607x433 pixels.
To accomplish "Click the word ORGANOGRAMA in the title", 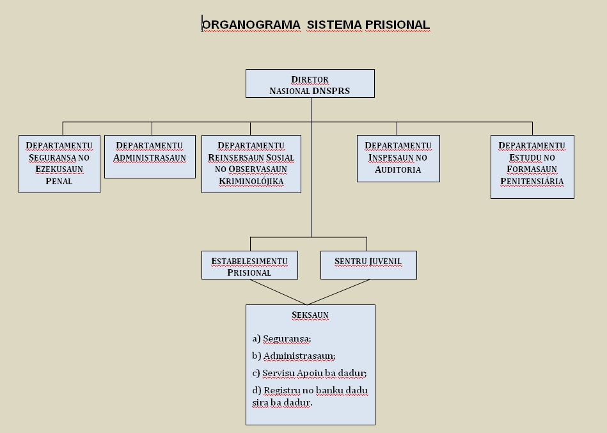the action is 251,25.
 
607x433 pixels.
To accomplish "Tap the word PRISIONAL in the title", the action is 397,25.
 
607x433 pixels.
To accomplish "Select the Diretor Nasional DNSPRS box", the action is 310,84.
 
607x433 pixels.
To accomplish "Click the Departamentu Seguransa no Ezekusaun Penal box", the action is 59,164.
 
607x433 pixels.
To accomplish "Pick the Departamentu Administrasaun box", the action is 150,157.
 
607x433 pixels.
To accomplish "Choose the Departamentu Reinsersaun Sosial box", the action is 251,164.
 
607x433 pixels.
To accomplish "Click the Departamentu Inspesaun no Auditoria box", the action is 398,159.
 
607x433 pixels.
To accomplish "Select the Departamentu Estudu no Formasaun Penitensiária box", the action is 532,167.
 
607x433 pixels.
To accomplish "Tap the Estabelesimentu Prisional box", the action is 249,265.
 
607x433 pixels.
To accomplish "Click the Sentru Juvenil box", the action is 368,265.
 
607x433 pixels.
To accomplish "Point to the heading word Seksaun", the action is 310,315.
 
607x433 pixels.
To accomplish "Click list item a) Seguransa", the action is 281,338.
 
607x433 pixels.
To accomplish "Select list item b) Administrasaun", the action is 294,356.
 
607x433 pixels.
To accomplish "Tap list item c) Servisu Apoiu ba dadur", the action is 310,373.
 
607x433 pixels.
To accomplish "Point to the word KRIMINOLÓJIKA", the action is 251,182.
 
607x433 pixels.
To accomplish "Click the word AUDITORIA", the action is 398,169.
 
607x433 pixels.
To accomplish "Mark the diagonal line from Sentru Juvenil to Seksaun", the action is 339,292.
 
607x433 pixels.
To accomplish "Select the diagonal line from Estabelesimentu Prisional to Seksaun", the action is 279,292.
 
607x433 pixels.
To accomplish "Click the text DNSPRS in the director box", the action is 331,91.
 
